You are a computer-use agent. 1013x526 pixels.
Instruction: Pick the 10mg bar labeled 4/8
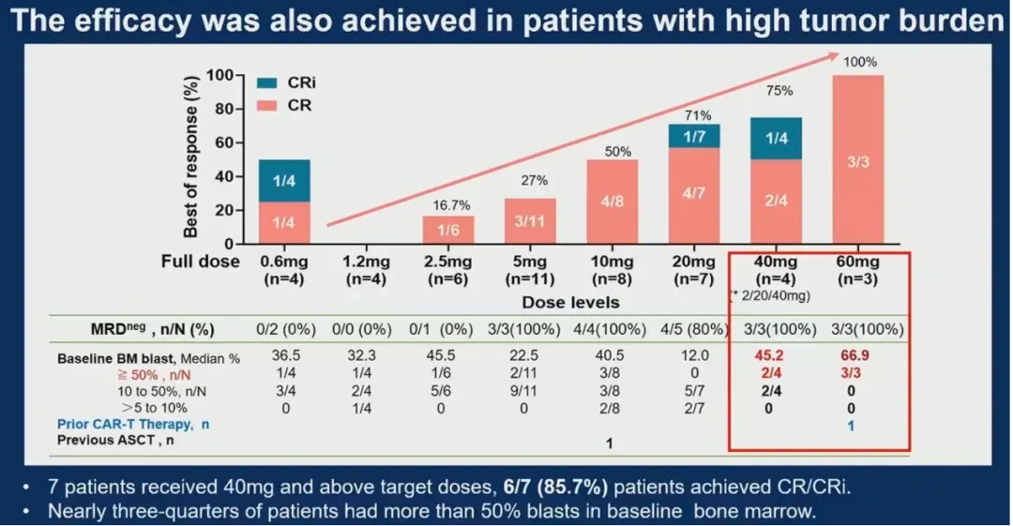coord(612,202)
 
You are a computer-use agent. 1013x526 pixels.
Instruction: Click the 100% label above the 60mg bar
coord(860,63)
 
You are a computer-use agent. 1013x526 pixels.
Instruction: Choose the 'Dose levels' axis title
coord(570,303)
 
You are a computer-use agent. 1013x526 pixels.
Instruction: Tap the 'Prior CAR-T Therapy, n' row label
coord(133,424)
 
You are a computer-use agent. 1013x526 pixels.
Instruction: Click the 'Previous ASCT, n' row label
coord(118,440)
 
